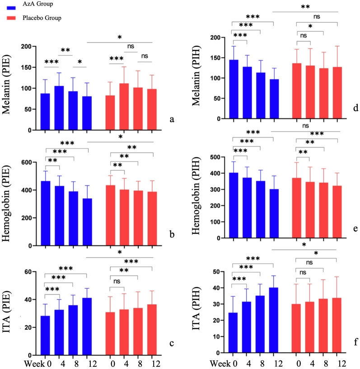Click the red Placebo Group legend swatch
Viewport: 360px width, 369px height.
pyautogui.click(x=9, y=18)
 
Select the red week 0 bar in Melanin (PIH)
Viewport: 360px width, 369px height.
pyautogui.click(x=297, y=90)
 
